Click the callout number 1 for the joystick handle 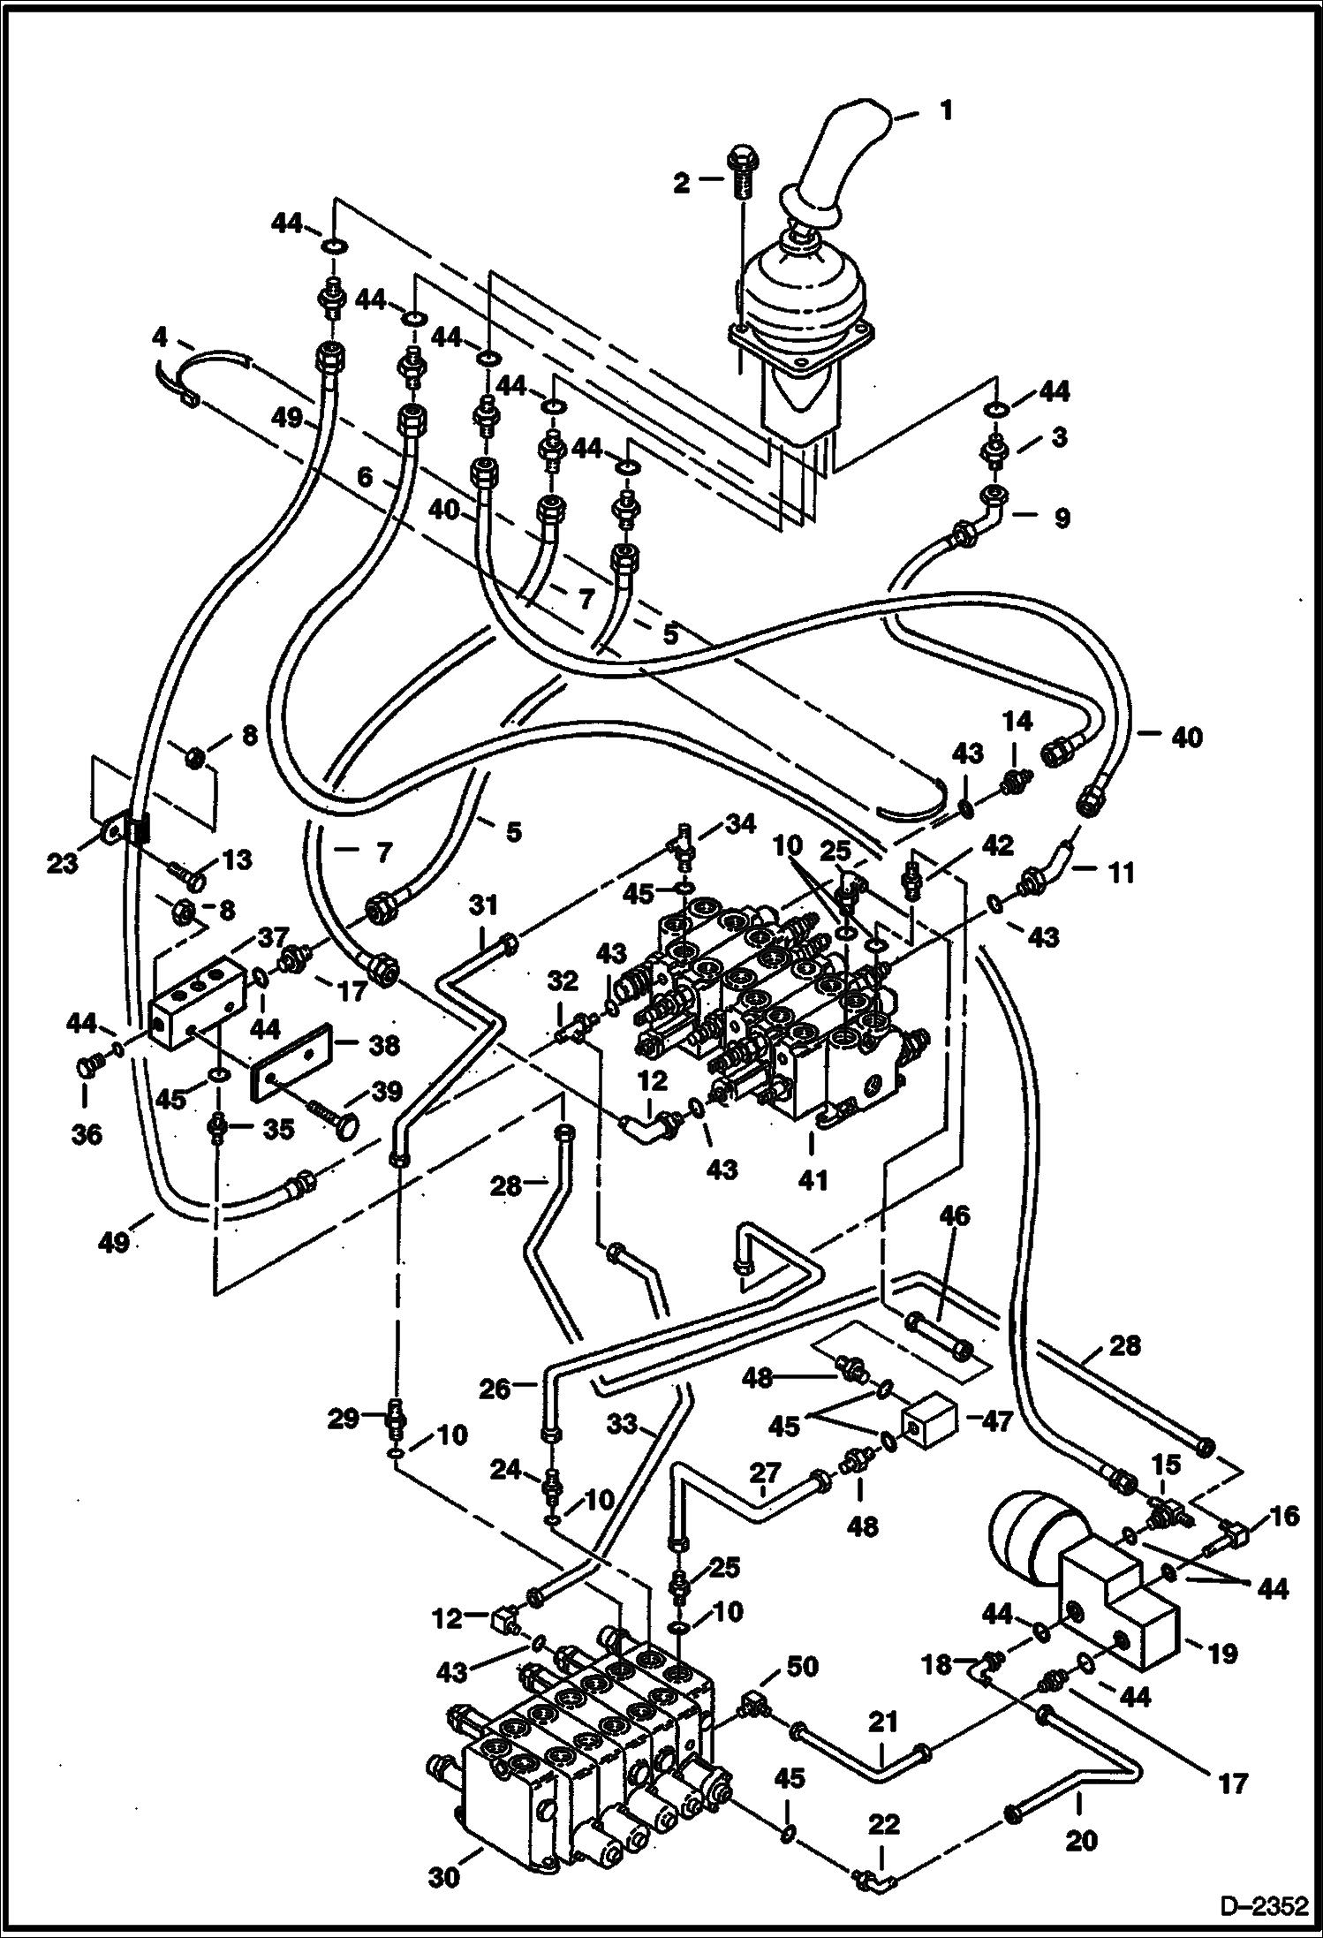click(x=946, y=111)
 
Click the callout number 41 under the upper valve click(x=813, y=1179)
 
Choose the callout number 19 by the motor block click(x=1223, y=1654)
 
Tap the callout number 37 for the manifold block click(x=276, y=937)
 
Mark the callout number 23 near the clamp click(x=63, y=863)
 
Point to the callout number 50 click(x=803, y=1667)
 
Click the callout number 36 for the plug click(x=86, y=1133)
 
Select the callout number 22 click(x=883, y=1827)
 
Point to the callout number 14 click(x=1017, y=722)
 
